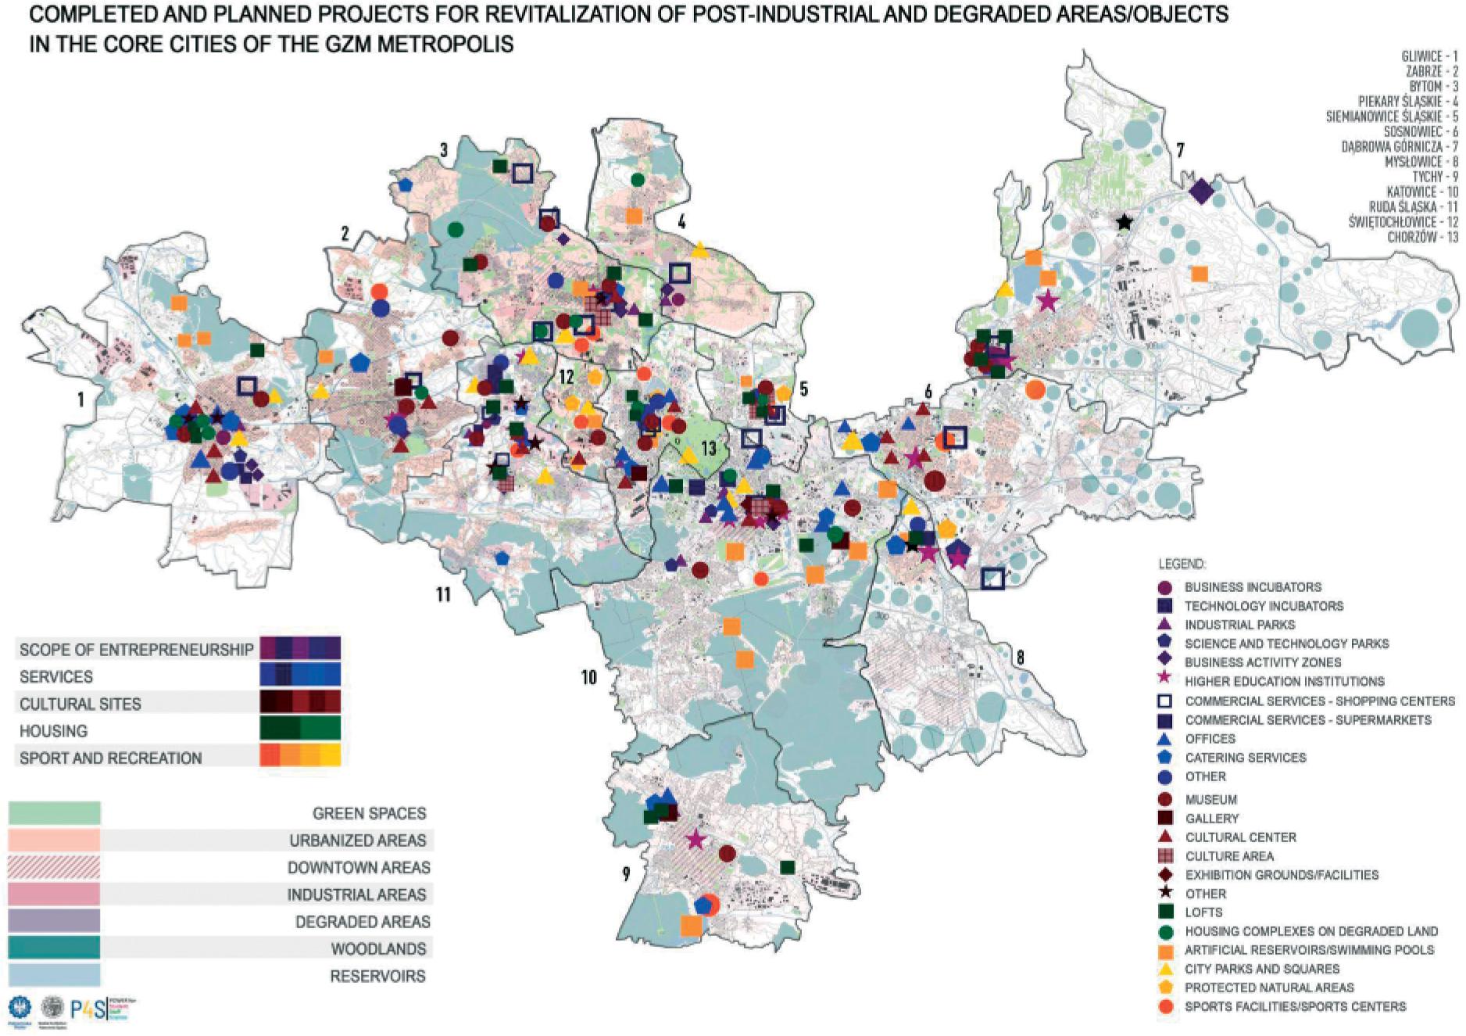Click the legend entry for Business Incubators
click(1252, 587)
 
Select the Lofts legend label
click(1203, 912)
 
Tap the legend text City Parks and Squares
click(1262, 969)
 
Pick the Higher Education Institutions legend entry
click(1284, 681)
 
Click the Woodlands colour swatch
click(54, 948)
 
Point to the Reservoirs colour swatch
click(54, 976)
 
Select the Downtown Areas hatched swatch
click(54, 867)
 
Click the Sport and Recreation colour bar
click(300, 755)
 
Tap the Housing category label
click(53, 731)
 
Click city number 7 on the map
click(1180, 149)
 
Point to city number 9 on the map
click(625, 873)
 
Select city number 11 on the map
click(443, 595)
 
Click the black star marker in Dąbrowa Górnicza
click(1124, 223)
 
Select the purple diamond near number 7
click(1201, 190)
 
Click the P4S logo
click(88, 1009)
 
